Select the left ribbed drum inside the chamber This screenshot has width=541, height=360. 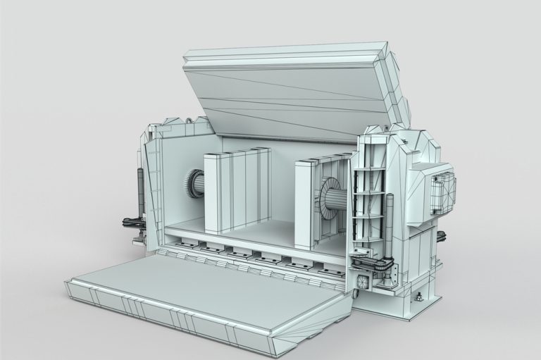coord(194,187)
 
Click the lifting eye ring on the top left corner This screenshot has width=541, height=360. coord(190,123)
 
